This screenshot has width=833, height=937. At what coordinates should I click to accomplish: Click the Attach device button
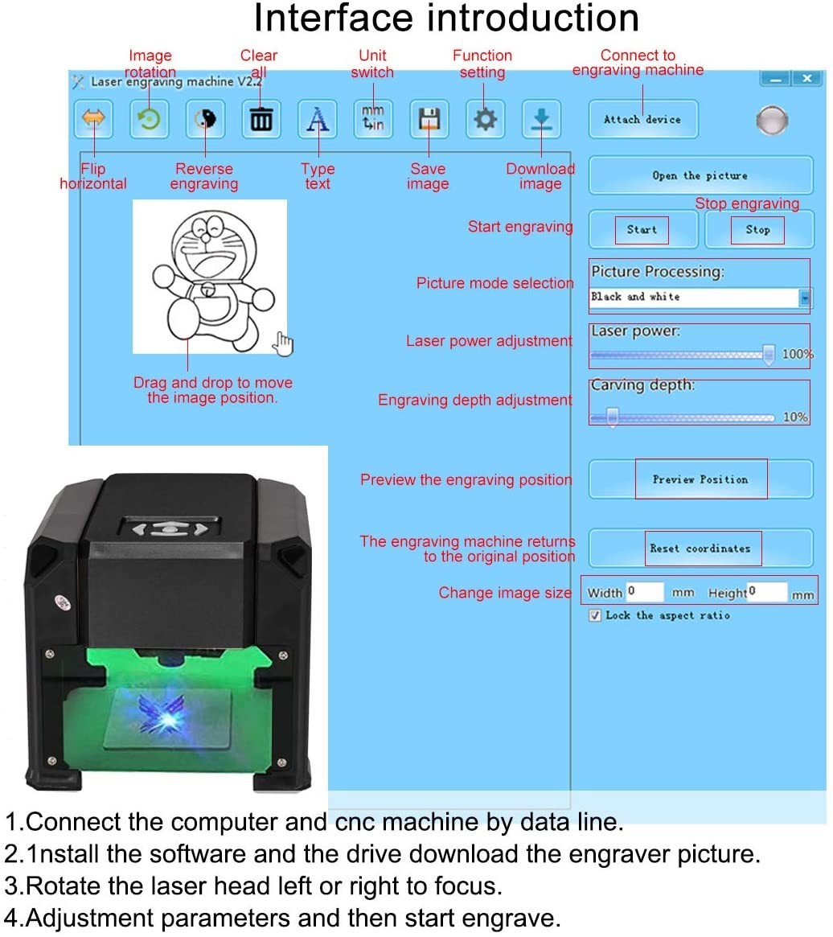pos(642,120)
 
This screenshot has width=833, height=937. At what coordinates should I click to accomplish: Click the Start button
pos(642,230)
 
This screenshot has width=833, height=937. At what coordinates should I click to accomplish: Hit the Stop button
pos(757,230)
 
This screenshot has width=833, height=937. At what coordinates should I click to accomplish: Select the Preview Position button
pos(700,479)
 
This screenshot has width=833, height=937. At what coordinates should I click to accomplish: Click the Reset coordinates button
pos(700,549)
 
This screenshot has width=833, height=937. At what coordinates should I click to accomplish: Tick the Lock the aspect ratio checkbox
pos(595,615)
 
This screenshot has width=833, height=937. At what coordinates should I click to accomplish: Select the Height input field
pos(766,593)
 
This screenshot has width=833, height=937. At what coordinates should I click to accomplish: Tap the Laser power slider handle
pos(769,353)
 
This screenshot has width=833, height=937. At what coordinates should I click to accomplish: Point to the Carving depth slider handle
pos(613,417)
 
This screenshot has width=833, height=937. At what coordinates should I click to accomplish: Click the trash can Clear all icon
pos(261,120)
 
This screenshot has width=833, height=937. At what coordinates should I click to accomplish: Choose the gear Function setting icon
pos(485,120)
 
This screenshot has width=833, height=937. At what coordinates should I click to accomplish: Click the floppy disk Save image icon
pos(429,120)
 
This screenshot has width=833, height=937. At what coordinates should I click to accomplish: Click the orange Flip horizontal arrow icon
pos(93,120)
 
